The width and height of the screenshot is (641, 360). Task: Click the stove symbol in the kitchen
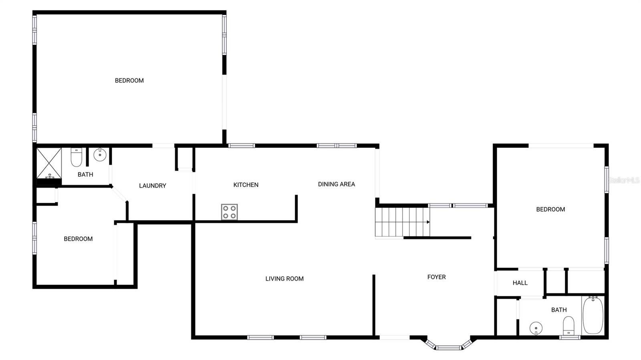229,212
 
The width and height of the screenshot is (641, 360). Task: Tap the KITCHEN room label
246,185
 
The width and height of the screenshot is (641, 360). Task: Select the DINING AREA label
336,184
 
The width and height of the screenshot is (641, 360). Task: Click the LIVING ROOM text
284,279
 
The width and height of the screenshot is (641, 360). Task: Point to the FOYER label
436,277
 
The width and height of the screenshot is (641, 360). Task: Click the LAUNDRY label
152,185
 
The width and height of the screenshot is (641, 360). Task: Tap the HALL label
520,283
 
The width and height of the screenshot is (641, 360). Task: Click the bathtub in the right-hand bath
593,315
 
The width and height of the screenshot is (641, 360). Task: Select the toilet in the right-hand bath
568,325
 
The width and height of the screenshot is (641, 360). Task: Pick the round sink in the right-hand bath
536,328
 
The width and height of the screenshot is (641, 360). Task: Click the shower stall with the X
49,163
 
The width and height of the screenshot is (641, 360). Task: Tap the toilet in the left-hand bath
76,157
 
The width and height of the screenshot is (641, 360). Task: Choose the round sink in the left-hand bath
100,155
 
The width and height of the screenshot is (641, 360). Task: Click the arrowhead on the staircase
428,222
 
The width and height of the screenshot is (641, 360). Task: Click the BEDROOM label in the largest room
129,80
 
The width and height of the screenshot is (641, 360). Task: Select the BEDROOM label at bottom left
78,239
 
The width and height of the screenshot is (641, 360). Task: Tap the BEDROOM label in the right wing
550,209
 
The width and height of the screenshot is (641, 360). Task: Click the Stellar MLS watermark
624,180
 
